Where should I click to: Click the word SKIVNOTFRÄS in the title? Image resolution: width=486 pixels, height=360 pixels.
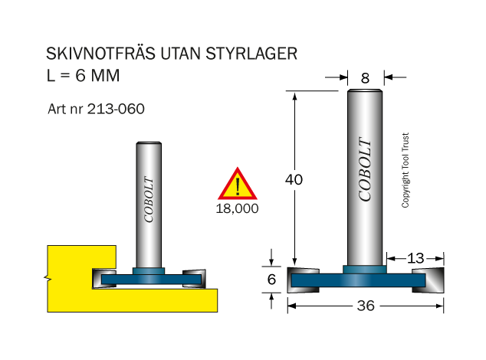(x=100, y=54)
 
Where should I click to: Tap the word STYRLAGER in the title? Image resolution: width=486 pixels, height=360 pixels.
(x=251, y=54)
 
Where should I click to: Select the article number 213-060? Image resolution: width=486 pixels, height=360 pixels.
(x=116, y=109)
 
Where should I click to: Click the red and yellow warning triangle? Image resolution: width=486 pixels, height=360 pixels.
(x=238, y=184)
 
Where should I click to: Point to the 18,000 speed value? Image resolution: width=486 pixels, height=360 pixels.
(x=237, y=208)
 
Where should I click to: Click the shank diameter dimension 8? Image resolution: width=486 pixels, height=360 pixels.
(x=365, y=78)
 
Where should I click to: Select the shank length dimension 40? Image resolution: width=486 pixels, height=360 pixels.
(x=294, y=179)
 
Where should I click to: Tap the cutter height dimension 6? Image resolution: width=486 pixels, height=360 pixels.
(x=271, y=280)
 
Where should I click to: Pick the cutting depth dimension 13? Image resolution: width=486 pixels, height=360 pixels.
(x=415, y=258)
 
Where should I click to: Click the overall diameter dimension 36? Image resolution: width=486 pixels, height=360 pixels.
(x=366, y=306)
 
